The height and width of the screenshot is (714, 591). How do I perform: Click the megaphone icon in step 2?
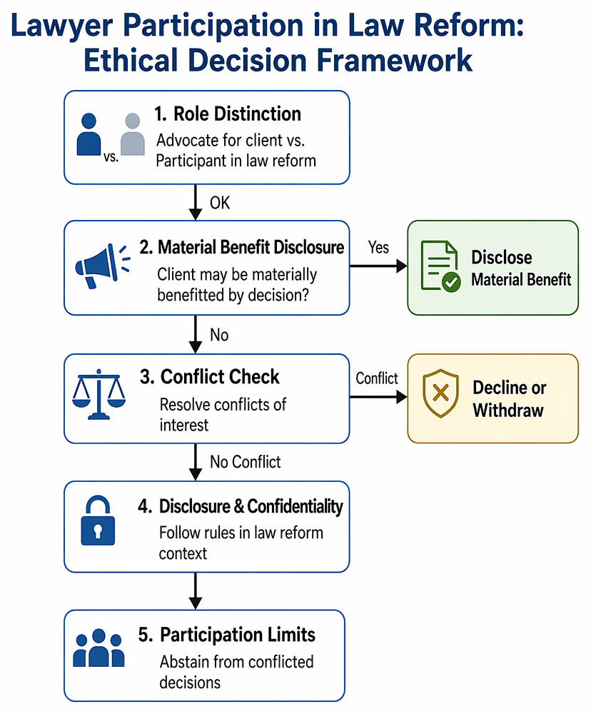click(103, 266)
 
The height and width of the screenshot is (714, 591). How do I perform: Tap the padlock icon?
click(98, 521)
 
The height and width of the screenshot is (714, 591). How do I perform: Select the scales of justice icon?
click(98, 394)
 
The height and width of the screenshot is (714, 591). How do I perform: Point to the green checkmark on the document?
click(451, 282)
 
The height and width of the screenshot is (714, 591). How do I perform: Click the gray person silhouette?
click(133, 134)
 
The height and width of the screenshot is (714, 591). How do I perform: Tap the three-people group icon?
click(98, 648)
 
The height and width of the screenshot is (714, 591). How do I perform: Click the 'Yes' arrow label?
click(378, 247)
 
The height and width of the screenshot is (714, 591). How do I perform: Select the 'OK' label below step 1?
click(220, 203)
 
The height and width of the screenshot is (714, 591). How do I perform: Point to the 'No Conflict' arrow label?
click(246, 462)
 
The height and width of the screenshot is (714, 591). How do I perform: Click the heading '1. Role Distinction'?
click(228, 114)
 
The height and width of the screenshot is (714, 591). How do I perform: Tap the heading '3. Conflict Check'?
click(209, 376)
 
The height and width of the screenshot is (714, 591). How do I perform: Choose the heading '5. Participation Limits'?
click(227, 635)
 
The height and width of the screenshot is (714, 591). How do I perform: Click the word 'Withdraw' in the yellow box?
click(508, 410)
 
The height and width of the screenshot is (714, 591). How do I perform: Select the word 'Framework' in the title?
click(394, 60)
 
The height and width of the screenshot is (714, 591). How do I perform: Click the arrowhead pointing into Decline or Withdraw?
click(402, 397)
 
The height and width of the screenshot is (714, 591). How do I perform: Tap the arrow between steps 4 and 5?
click(196, 591)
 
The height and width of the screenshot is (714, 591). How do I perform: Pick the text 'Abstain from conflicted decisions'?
click(236, 672)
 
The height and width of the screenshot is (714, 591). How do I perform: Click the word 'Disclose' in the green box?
click(501, 257)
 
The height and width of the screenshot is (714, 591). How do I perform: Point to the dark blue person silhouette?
click(89, 134)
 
